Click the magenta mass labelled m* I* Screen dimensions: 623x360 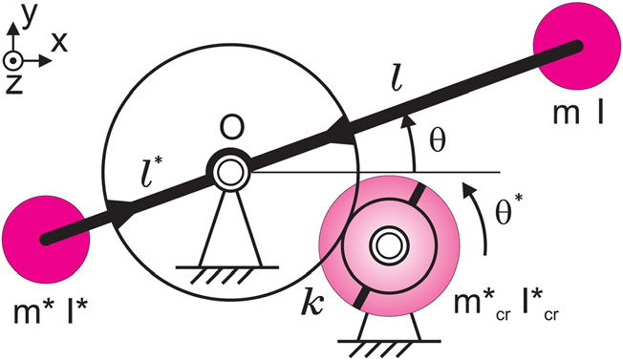tap(46, 240)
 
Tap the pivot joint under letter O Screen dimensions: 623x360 tap(228, 171)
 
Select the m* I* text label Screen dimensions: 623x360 tap(50, 311)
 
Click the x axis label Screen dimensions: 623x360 tap(59, 42)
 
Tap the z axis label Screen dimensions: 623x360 tap(13, 84)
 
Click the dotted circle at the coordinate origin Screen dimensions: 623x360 tap(13, 61)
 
